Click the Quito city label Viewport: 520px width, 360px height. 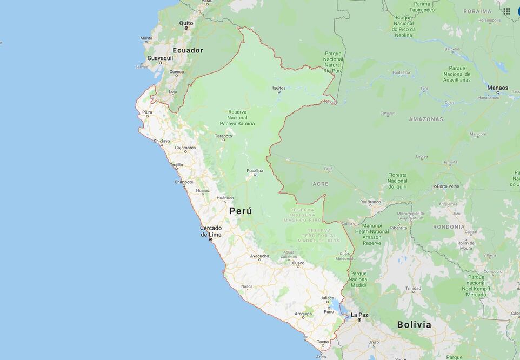tap(186, 23)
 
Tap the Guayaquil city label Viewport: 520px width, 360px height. tap(160, 57)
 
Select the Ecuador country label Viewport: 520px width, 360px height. tap(188, 50)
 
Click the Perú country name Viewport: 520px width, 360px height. tap(241, 211)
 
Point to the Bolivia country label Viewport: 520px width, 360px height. tap(414, 324)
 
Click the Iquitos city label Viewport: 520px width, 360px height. tap(279, 88)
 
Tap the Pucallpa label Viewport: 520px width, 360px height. tap(255, 171)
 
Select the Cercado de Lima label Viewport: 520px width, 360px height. tap(211, 231)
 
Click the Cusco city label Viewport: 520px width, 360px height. tap(298, 263)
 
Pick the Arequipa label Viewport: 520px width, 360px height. tap(303, 314)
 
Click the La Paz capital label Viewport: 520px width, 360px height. tap(359, 315)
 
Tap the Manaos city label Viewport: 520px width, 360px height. tap(497, 88)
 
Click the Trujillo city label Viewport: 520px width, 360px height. tap(177, 165)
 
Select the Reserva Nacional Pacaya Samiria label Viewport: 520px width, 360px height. tap(237, 117)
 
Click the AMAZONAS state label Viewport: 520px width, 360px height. tap(426, 119)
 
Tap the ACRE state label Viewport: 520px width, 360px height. tap(320, 184)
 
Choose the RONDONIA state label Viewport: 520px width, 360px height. tap(449, 226)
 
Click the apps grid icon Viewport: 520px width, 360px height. tap(506, 11)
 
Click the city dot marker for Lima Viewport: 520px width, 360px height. tap(211, 239)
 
